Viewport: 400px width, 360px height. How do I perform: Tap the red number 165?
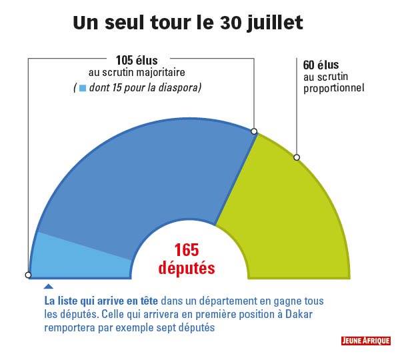187,251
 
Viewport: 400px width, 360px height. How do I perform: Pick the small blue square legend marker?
83,88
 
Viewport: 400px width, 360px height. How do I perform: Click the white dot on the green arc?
297,158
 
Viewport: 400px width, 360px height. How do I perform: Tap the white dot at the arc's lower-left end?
28,275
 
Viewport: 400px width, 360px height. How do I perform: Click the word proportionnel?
333,87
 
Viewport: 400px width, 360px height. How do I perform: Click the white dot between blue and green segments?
255,132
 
